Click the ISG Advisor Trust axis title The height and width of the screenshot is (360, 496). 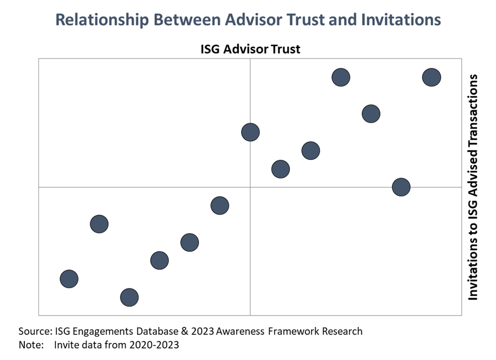(250, 50)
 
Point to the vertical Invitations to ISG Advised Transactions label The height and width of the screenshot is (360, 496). (473, 187)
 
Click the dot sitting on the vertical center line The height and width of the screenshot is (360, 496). (250, 132)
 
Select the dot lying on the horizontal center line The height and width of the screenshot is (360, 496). (401, 187)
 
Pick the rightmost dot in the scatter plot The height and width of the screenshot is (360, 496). (431, 77)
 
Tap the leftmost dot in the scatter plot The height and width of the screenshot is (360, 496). (69, 279)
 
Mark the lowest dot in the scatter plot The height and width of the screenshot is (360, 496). (129, 297)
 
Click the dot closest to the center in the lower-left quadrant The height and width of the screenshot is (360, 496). (220, 205)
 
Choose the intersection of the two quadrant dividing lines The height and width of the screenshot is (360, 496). (250, 187)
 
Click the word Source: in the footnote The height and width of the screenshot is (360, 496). (34, 331)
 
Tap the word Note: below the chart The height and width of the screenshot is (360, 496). (31, 344)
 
